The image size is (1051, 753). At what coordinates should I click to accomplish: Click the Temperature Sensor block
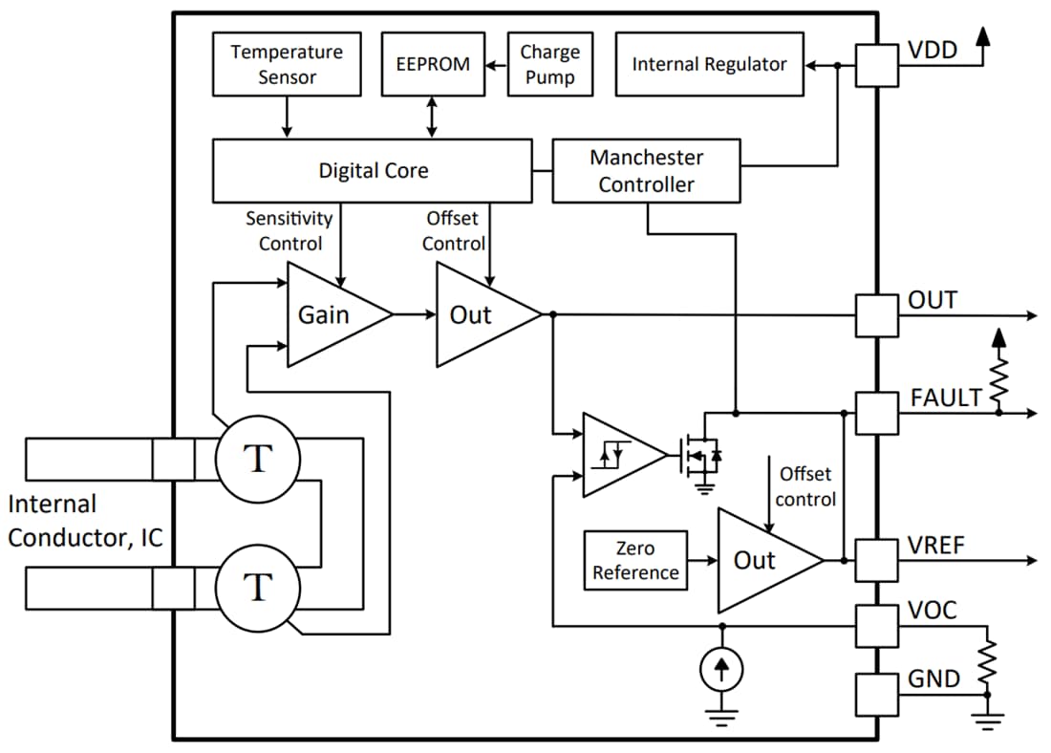coord(287,64)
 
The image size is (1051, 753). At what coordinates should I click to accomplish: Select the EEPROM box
coord(433,64)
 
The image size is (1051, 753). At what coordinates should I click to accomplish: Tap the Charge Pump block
coord(549,64)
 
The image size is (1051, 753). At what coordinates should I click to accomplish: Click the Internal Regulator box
coord(709,64)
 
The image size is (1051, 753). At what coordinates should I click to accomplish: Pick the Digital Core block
coord(372,171)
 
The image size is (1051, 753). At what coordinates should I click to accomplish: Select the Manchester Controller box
coord(646,171)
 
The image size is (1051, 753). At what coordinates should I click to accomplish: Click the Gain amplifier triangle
coord(331,315)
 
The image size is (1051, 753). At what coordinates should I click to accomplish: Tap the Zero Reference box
coord(635,560)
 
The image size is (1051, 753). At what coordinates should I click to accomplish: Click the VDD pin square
coord(876,65)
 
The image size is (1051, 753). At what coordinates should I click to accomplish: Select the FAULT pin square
coord(876,413)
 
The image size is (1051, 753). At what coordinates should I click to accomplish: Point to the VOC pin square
coord(876,626)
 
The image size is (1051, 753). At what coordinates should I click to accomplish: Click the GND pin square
coord(876,695)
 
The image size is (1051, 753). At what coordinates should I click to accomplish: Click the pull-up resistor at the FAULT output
coord(998,379)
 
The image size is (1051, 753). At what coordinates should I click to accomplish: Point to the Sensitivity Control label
coord(290,230)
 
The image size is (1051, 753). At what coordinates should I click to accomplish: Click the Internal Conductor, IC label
coord(84,521)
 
